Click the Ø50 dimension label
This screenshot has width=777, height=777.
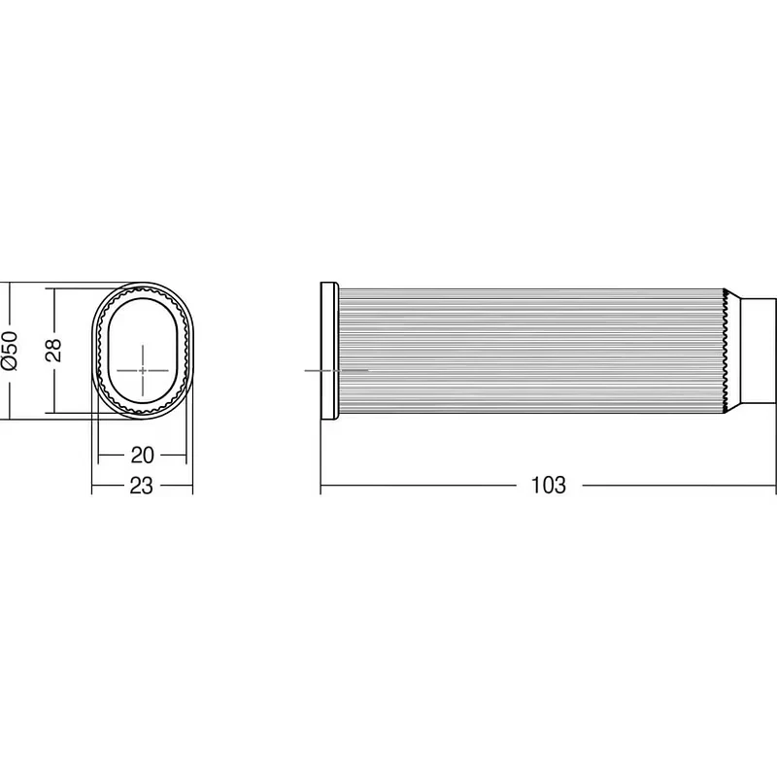tap(10, 351)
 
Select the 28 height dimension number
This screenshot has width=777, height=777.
tap(52, 351)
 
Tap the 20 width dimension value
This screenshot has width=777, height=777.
tap(142, 455)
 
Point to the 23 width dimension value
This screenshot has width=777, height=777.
tap(141, 486)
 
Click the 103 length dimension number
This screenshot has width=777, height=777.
tap(548, 485)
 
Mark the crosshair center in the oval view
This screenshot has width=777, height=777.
tap(143, 370)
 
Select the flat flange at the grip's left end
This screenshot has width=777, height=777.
tap(329, 351)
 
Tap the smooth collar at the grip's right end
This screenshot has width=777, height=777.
tap(759, 351)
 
